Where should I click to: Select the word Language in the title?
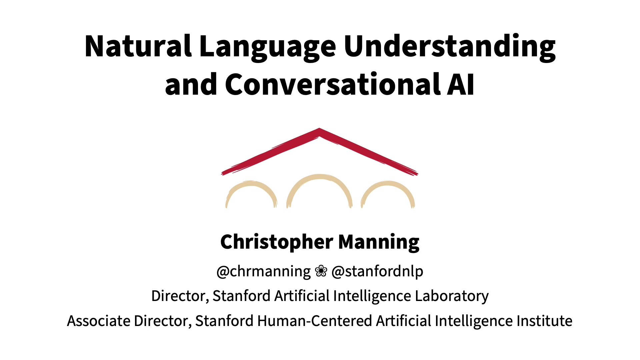(268, 48)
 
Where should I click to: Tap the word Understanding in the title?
(450, 48)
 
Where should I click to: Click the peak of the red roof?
(319, 129)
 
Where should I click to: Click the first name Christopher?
(277, 242)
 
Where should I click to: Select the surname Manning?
(379, 242)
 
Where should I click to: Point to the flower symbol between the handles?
(321, 271)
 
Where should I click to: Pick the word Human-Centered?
(314, 321)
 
